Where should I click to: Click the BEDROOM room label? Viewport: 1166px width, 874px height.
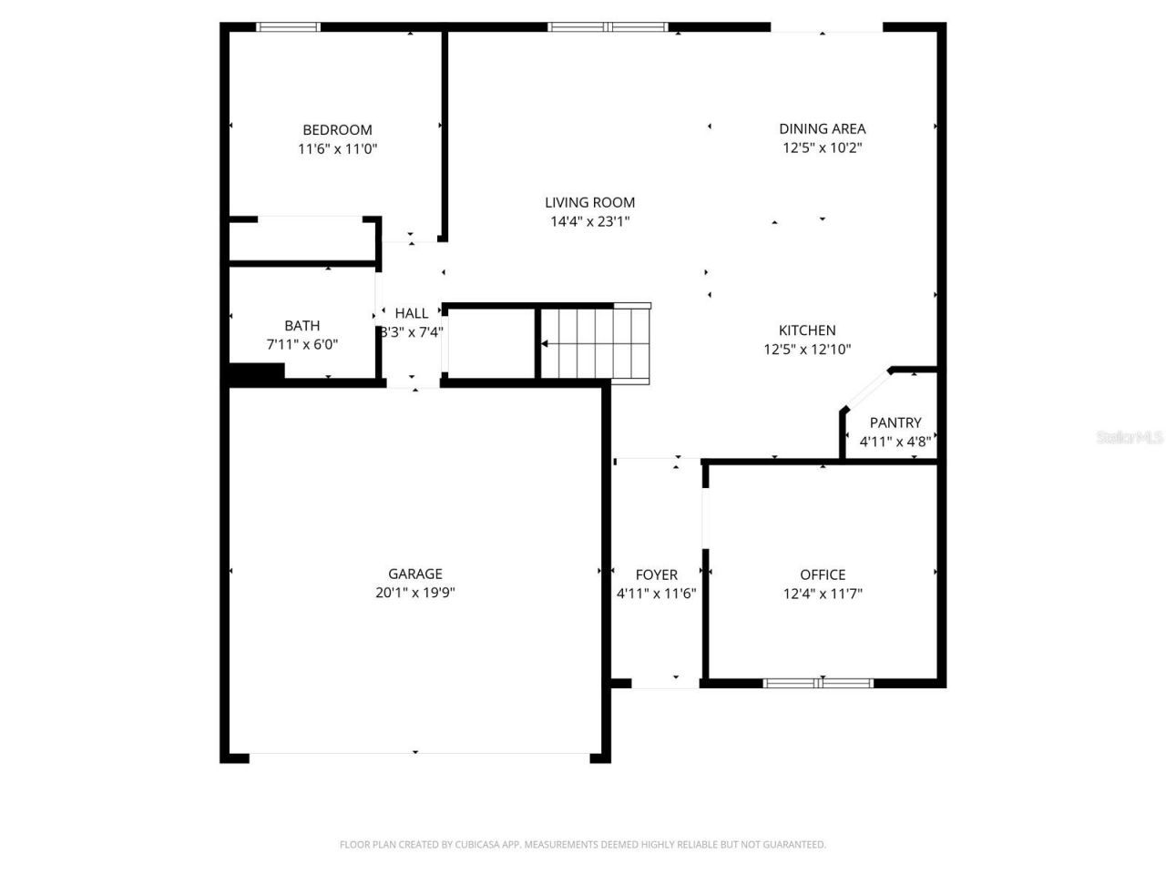point(337,129)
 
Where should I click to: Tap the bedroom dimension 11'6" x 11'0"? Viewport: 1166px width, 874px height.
point(337,148)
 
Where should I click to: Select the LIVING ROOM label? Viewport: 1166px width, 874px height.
point(589,202)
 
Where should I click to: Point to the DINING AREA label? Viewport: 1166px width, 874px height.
point(822,128)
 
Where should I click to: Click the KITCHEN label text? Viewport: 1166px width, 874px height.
point(806,330)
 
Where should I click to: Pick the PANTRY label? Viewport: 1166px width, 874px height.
point(895,422)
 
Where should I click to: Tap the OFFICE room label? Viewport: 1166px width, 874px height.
point(823,574)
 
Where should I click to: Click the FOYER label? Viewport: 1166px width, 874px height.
point(656,574)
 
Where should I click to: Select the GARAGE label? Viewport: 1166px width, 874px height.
point(415,574)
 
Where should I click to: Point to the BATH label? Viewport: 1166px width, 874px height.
point(302,325)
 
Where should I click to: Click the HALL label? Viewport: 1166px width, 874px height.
point(411,313)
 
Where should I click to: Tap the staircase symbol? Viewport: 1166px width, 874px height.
point(594,343)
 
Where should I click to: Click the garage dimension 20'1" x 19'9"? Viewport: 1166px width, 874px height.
point(415,593)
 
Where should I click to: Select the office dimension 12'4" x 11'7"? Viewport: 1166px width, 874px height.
point(823,594)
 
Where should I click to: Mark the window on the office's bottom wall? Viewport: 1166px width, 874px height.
point(818,683)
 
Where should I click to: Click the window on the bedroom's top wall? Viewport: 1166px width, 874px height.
point(289,27)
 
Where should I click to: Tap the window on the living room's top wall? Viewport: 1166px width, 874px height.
point(608,27)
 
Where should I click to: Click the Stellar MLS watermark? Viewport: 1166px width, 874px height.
point(1130,438)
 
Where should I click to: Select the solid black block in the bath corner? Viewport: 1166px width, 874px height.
point(257,371)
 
